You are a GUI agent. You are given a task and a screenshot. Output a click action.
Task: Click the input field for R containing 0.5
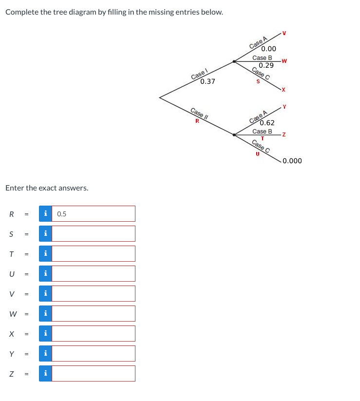[93, 213]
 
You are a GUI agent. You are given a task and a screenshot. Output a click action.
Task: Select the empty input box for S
[93, 233]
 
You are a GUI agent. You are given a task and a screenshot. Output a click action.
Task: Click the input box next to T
[93, 253]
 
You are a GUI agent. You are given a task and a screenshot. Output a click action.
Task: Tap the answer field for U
[93, 273]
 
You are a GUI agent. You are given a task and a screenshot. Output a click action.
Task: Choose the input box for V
[93, 293]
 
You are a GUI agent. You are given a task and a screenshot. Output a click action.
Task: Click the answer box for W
[93, 313]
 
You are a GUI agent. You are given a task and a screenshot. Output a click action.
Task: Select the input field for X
[93, 333]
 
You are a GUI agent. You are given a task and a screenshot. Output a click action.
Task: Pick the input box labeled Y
[93, 353]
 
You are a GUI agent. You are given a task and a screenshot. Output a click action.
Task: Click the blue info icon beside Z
[45, 374]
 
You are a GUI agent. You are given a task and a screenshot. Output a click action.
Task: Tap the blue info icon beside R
[45, 213]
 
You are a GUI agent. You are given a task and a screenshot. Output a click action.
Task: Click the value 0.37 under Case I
[208, 81]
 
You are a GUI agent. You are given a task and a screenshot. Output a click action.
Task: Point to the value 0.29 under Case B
[266, 65]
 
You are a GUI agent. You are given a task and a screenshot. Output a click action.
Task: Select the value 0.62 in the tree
[267, 123]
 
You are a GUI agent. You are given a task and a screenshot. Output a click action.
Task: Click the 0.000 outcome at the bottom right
[292, 161]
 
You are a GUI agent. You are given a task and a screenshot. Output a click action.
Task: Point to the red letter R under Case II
[197, 120]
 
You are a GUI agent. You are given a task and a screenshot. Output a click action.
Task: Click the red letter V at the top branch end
[284, 33]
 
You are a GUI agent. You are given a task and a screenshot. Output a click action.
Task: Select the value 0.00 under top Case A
[268, 49]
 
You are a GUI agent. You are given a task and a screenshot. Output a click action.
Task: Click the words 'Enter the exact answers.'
[47, 188]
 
